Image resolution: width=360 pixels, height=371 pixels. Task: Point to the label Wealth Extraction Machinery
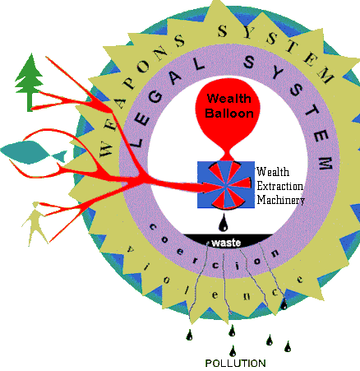(x=280, y=185)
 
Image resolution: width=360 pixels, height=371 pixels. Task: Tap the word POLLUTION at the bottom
(x=235, y=363)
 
